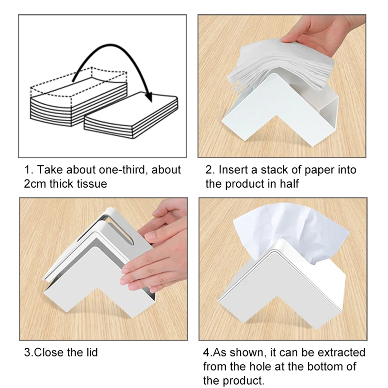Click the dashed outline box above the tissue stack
tap(78, 84)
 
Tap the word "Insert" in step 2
tap(233, 170)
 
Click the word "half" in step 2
tap(287, 184)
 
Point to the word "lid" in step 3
tap(91, 352)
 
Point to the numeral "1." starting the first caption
tap(29, 170)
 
